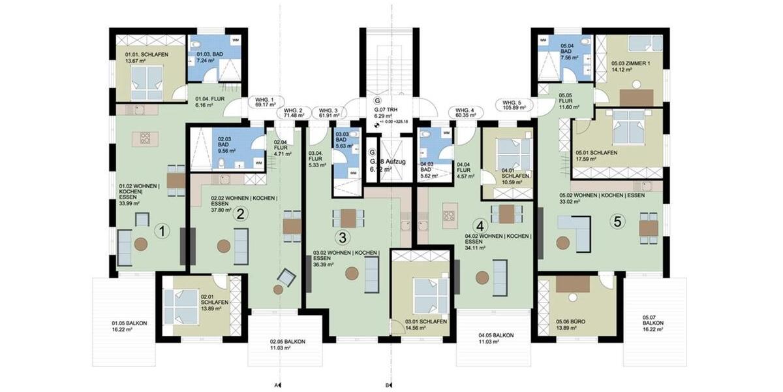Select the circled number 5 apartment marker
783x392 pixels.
pos(617,221)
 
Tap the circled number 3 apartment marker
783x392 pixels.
pos(343,237)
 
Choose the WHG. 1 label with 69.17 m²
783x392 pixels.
pos(264,101)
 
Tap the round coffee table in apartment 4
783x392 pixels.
pos(482,278)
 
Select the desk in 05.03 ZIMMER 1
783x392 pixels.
pos(636,97)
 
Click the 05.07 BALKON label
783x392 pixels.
pos(653,327)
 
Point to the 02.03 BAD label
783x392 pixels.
pos(225,143)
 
